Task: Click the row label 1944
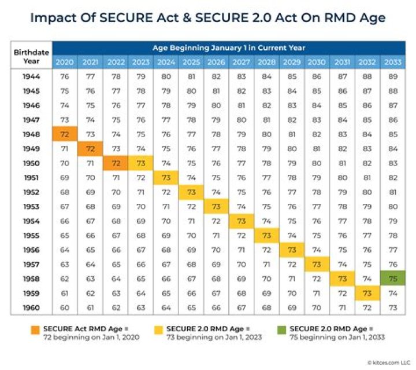tap(32, 76)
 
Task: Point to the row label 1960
tap(32, 307)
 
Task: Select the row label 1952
tap(32, 192)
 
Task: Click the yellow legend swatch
tap(156, 329)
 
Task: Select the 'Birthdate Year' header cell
tap(32, 55)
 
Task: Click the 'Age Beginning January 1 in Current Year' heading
tap(228, 47)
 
